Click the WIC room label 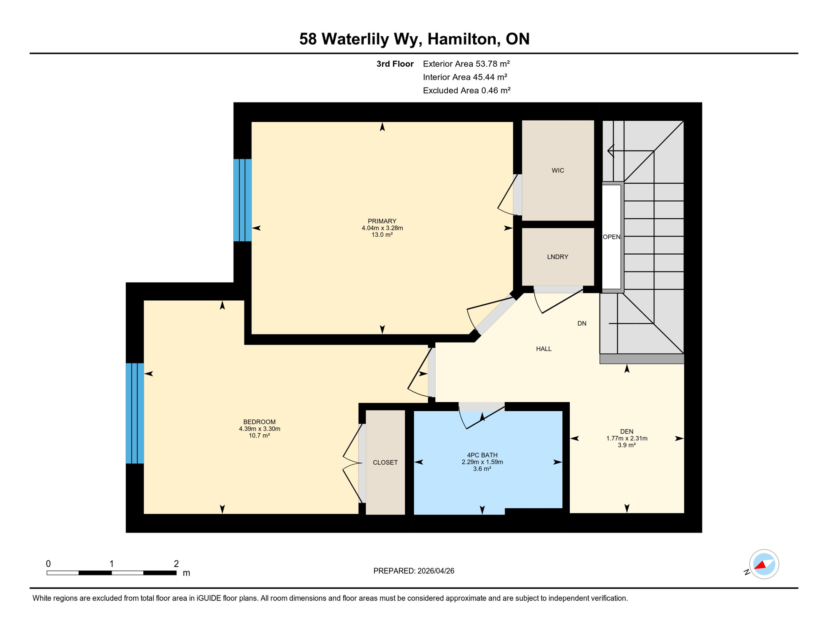557,170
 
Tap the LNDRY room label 557,257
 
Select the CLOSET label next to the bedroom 385,462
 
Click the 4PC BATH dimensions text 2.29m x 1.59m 482,462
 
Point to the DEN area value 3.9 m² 626,445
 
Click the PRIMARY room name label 382,221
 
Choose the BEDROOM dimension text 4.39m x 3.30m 259,429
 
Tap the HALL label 544,349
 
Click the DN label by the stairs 581,323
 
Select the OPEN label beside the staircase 611,237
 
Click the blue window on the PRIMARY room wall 242,200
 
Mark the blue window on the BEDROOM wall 135,413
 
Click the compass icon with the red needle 763,564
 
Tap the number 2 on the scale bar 176,564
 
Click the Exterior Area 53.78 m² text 466,64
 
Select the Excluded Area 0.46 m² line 466,90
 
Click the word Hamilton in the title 464,39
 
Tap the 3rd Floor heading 394,64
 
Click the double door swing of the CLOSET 352,463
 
